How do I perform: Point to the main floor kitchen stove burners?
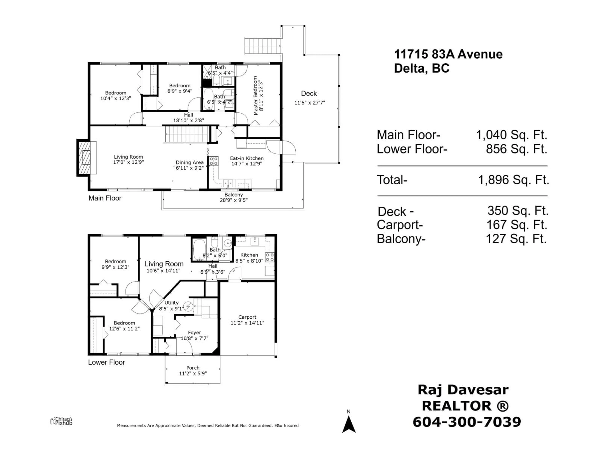click(x=213, y=161)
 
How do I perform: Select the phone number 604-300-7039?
click(x=467, y=422)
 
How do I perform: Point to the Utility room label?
click(x=171, y=303)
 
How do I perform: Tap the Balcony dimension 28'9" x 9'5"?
click(x=234, y=200)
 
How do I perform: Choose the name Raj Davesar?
click(x=463, y=390)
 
